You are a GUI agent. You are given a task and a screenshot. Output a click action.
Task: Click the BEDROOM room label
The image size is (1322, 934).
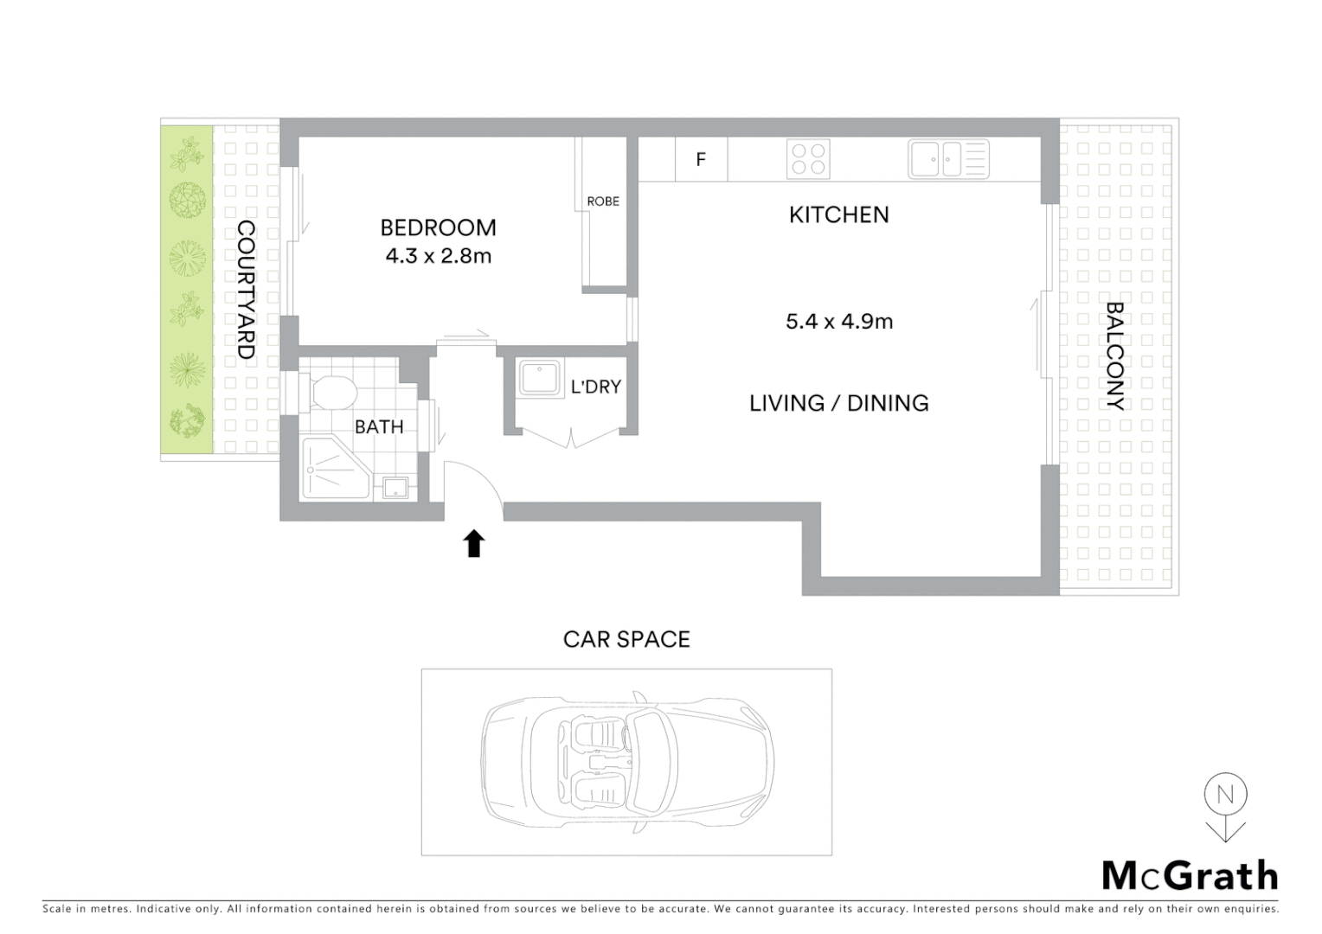pos(438,227)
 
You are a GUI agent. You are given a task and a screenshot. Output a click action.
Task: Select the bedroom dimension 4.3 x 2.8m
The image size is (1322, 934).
pos(438,256)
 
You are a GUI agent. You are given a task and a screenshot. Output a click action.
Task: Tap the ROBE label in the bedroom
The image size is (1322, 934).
pos(603,202)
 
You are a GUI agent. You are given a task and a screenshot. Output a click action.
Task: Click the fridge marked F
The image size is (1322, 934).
pos(701,159)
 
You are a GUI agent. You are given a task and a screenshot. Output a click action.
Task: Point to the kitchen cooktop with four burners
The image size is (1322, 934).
pos(808,159)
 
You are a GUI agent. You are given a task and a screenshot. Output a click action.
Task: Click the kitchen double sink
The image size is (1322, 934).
pos(948,159)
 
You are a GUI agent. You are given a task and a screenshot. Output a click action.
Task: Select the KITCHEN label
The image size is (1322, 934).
pos(838,214)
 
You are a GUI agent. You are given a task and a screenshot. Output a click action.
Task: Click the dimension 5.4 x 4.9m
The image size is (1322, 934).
pos(838,322)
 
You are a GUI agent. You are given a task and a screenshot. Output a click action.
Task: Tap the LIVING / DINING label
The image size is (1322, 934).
pos(838,403)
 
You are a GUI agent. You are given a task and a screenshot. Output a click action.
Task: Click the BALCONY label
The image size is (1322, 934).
pos(1115,355)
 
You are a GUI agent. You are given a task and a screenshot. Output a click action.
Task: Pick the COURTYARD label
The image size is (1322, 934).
pos(247,290)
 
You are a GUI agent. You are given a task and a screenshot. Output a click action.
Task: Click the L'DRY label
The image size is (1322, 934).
pos(595,387)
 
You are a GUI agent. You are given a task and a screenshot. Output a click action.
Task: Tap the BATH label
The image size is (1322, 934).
pos(379,426)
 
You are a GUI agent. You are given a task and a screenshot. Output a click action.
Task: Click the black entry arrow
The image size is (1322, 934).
pos(473,544)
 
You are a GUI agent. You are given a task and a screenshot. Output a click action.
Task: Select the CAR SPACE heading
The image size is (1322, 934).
pos(626,639)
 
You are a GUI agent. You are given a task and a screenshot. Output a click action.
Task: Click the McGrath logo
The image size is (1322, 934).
pos(1190,876)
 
